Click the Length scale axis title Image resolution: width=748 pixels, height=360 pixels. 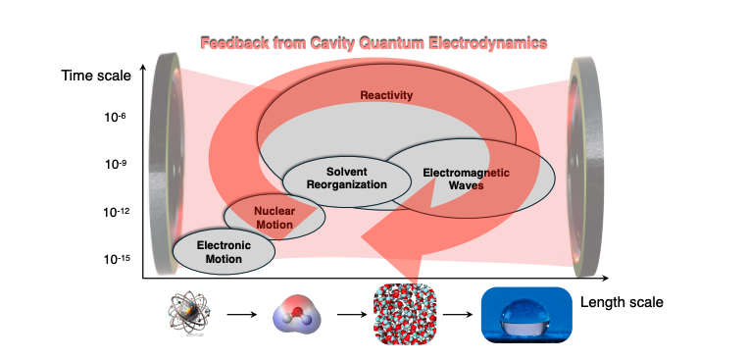coord(621,302)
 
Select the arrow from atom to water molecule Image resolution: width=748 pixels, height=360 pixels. coord(240,315)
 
